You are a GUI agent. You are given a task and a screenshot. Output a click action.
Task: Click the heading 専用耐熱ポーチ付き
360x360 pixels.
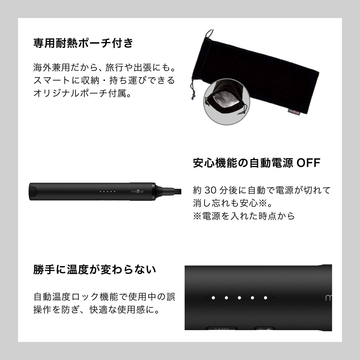tap(83, 43)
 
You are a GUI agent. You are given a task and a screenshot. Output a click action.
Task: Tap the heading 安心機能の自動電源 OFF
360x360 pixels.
tap(256, 163)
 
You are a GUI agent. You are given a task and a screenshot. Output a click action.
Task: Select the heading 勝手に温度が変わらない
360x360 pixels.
tap(95, 269)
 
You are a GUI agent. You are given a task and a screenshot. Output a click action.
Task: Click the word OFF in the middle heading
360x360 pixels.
tap(309, 163)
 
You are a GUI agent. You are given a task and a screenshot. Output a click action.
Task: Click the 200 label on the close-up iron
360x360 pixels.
tap(206, 298)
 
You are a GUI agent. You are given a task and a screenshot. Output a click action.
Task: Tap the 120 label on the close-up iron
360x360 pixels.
tap(273, 298)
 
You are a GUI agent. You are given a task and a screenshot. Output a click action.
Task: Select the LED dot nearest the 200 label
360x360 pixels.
tap(213, 298)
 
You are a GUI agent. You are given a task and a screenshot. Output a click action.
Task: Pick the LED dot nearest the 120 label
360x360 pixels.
tap(265, 298)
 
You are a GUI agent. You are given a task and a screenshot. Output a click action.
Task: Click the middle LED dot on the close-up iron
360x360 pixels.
tap(239, 298)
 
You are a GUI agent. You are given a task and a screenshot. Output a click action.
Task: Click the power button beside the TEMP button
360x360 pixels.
tap(265, 329)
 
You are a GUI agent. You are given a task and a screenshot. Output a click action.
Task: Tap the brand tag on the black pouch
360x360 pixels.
tap(294, 112)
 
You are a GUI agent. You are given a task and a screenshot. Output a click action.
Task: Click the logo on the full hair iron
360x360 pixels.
tap(137, 192)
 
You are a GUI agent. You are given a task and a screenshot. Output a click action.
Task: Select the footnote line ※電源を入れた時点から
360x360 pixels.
tap(244, 216)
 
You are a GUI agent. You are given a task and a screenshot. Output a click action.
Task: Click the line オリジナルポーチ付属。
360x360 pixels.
tap(82, 93)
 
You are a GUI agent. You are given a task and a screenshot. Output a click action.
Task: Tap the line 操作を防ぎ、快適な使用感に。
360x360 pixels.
tap(96, 310)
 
